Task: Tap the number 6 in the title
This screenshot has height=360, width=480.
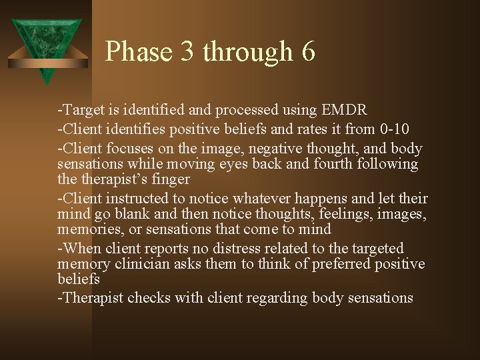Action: pos(308,52)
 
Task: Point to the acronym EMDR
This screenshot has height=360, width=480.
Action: pos(343,110)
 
